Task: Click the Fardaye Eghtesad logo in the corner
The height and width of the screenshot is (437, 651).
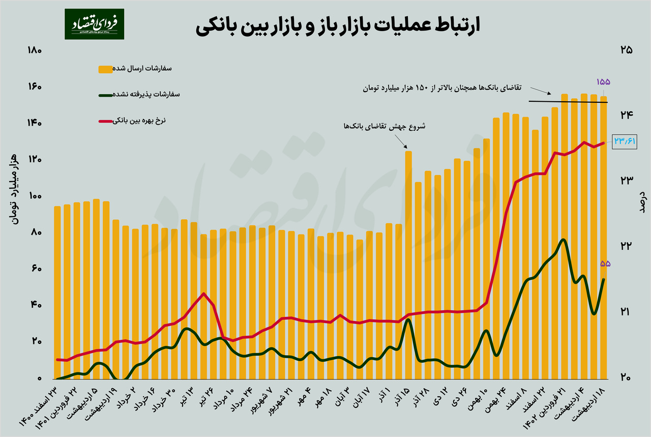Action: click(94, 24)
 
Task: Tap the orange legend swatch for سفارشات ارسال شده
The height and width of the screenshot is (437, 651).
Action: click(105, 69)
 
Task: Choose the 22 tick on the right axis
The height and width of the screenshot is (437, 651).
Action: click(626, 246)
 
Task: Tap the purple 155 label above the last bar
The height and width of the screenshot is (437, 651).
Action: click(603, 82)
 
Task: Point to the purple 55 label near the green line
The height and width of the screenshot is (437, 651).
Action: click(605, 264)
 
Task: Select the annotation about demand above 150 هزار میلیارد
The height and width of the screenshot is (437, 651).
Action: click(448, 88)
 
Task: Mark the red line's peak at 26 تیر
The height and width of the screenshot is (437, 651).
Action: click(203, 293)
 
